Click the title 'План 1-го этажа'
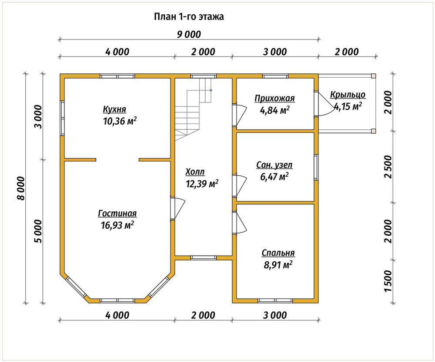pyautogui.click(x=189, y=17)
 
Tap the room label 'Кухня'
pyautogui.click(x=114, y=109)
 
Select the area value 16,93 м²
pyautogui.click(x=117, y=225)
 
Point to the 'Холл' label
pyautogui.click(x=195, y=172)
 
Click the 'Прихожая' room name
pyautogui.click(x=274, y=99)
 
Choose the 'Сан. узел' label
pyautogui.click(x=274, y=165)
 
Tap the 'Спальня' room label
pyautogui.click(x=278, y=253)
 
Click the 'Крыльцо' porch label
pyautogui.click(x=348, y=95)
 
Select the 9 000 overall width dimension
pyautogui.click(x=189, y=35)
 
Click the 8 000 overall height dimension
pyautogui.click(x=21, y=188)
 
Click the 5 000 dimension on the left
pyautogui.click(x=38, y=231)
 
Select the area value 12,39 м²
pyautogui.click(x=202, y=184)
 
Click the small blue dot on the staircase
pyautogui.click(x=211, y=90)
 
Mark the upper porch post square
pyautogui.click(x=373, y=76)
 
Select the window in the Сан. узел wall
pyautogui.click(x=316, y=167)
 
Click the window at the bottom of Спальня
pyautogui.click(x=275, y=301)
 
